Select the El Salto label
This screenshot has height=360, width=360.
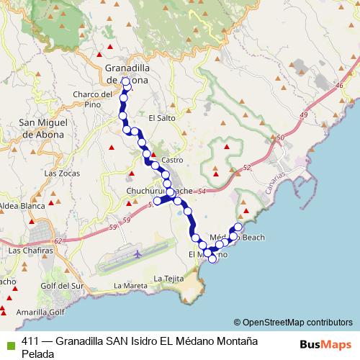click(161, 117)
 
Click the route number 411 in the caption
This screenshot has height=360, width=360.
click(30, 342)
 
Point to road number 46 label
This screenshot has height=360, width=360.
click(338, 85)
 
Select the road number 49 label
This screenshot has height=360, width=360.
click(303, 114)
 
